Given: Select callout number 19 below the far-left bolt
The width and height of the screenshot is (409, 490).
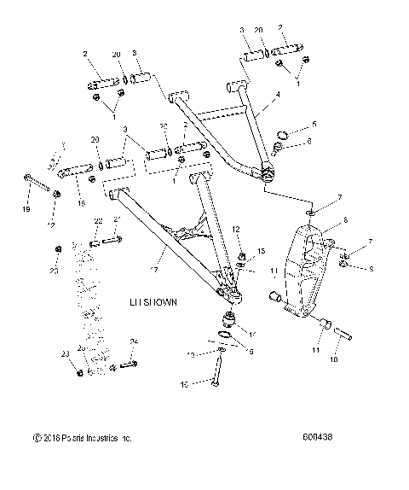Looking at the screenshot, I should [26, 208].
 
